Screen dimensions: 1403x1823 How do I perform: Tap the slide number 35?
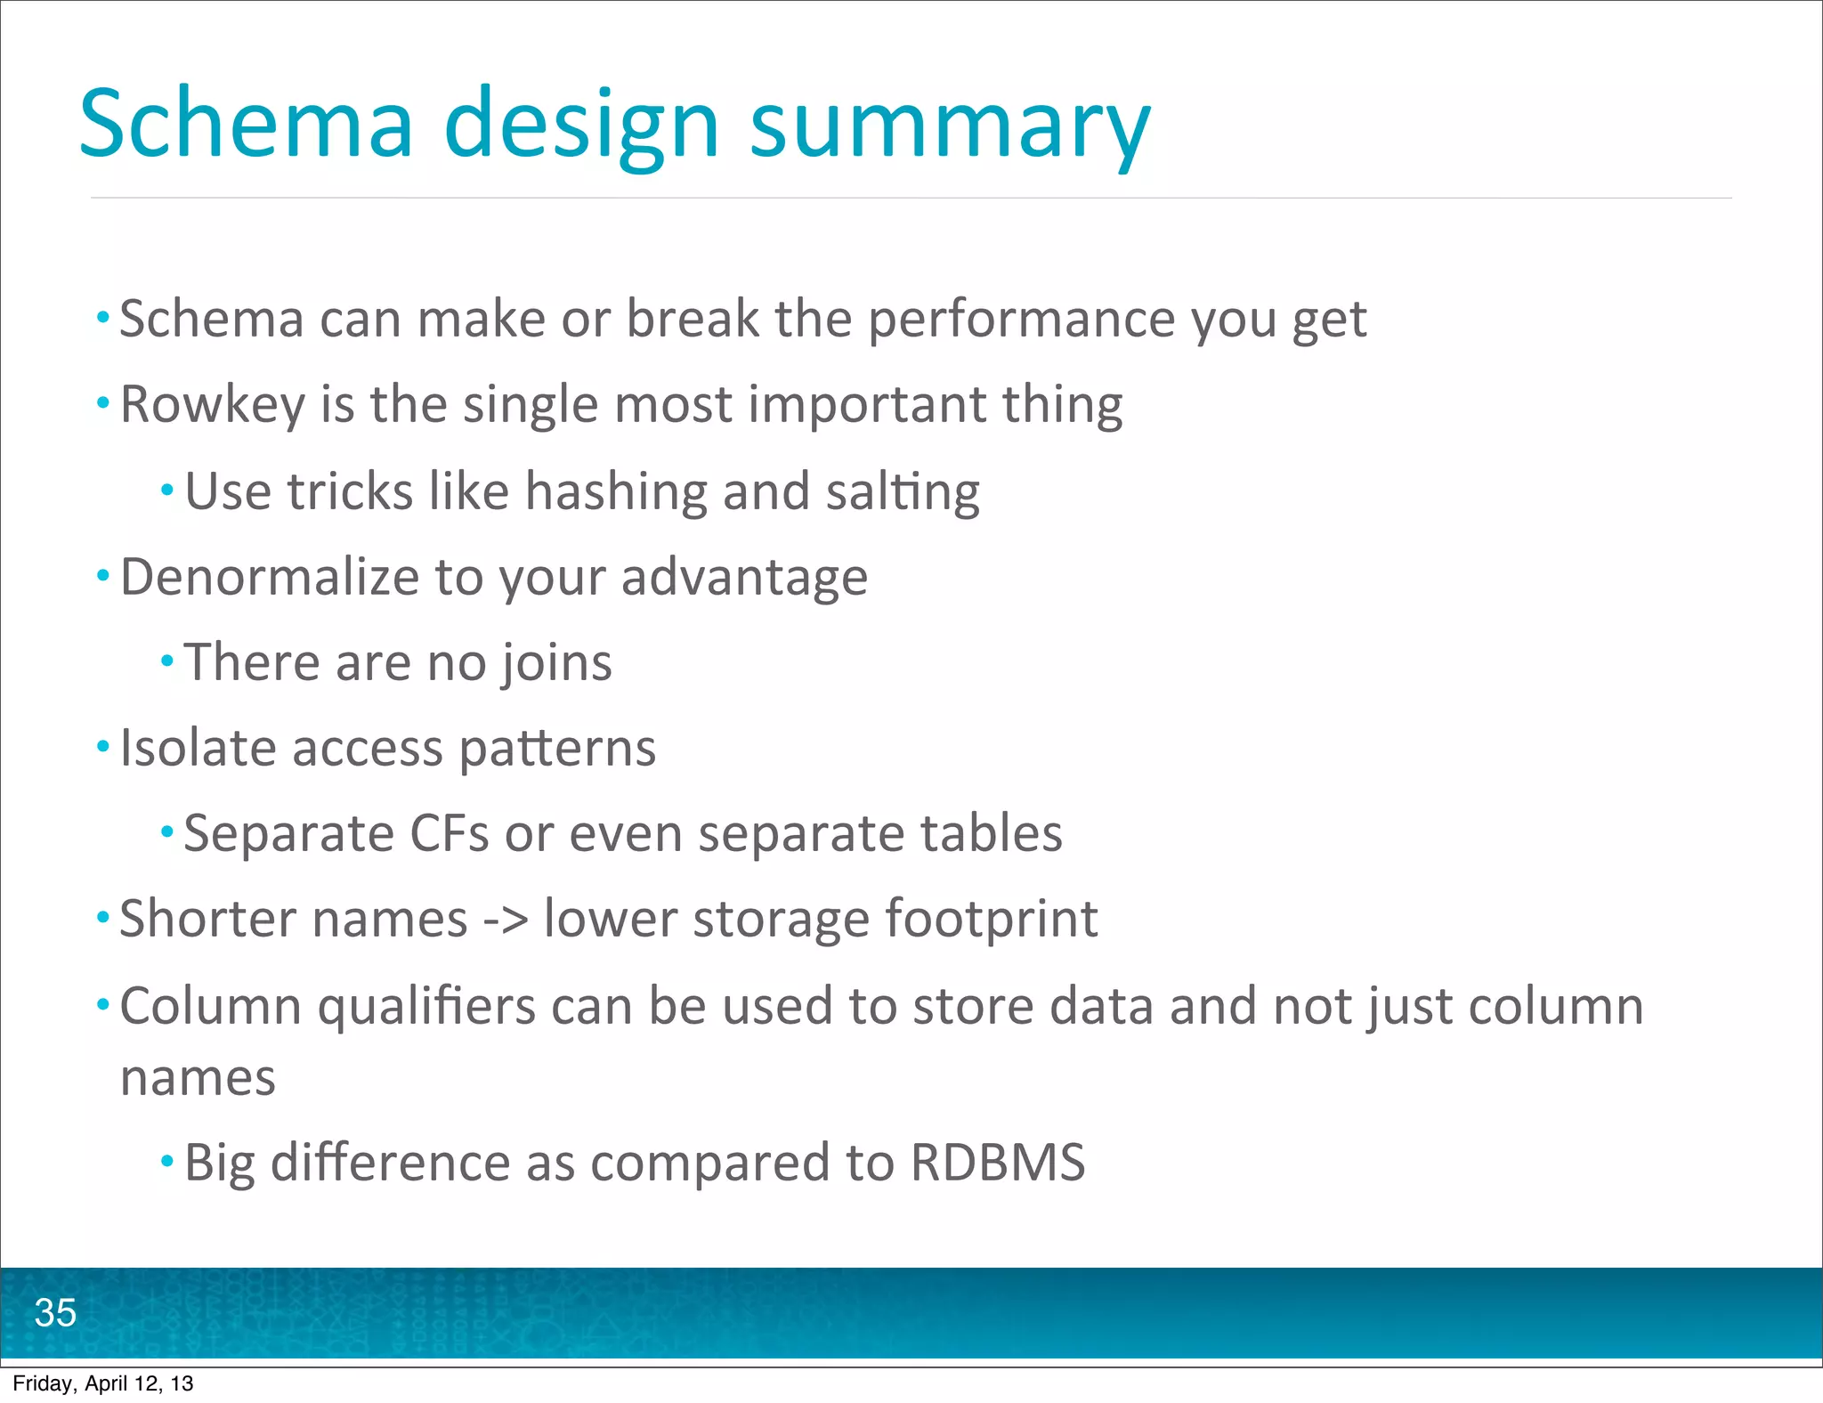[55, 1313]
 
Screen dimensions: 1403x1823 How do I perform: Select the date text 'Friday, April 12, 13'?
[103, 1383]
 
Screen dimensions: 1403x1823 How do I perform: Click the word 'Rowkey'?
[213, 405]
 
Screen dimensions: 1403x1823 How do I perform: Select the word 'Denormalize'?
[270, 577]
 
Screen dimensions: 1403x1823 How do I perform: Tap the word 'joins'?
[556, 663]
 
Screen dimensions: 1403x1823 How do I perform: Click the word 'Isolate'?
[198, 748]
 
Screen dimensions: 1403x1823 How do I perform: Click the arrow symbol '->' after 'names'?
[506, 920]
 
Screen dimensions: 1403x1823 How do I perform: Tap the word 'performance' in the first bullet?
[1022, 320]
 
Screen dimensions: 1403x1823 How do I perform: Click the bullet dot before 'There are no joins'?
[167, 661]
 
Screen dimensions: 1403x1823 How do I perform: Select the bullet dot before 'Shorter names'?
[103, 918]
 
